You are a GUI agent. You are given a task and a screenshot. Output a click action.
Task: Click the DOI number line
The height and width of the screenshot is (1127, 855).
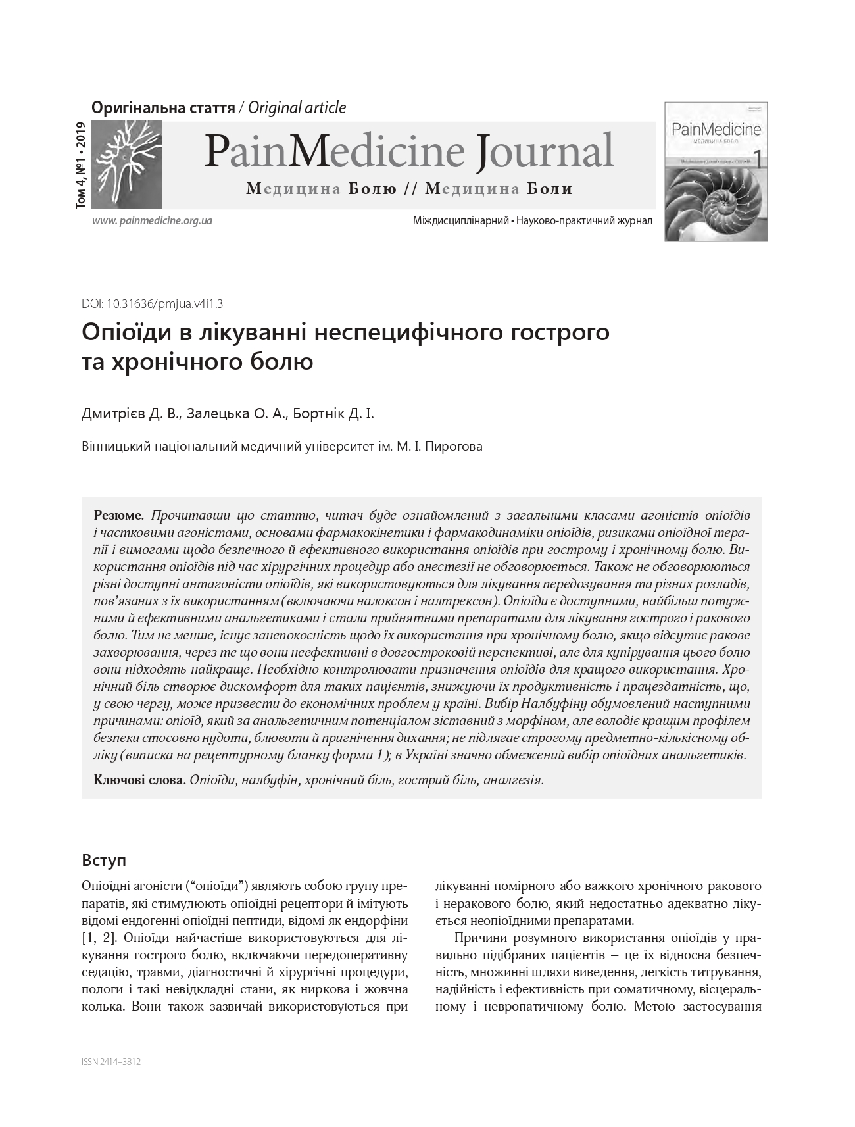pos(152,304)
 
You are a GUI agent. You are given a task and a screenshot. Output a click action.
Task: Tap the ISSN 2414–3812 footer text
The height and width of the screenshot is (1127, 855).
pos(111,1061)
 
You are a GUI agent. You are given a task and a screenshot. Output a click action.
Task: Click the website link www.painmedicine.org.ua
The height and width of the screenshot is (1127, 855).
pos(152,221)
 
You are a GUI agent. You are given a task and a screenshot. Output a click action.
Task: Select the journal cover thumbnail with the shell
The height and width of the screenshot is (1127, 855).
pos(716,172)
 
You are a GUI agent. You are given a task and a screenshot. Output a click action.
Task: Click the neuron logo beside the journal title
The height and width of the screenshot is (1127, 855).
pos(126,164)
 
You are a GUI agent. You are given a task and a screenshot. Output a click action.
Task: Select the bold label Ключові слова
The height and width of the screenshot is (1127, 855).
pos(139,780)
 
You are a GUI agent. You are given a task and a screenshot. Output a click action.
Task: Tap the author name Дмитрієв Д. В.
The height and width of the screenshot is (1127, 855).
pos(130,414)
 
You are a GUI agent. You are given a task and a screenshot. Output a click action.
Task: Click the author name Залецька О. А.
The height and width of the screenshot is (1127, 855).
pos(237,414)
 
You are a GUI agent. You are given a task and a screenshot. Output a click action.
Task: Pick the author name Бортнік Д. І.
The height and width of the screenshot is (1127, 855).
pos(333,414)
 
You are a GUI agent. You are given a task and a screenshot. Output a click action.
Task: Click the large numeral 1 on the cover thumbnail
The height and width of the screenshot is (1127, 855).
pos(757,159)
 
